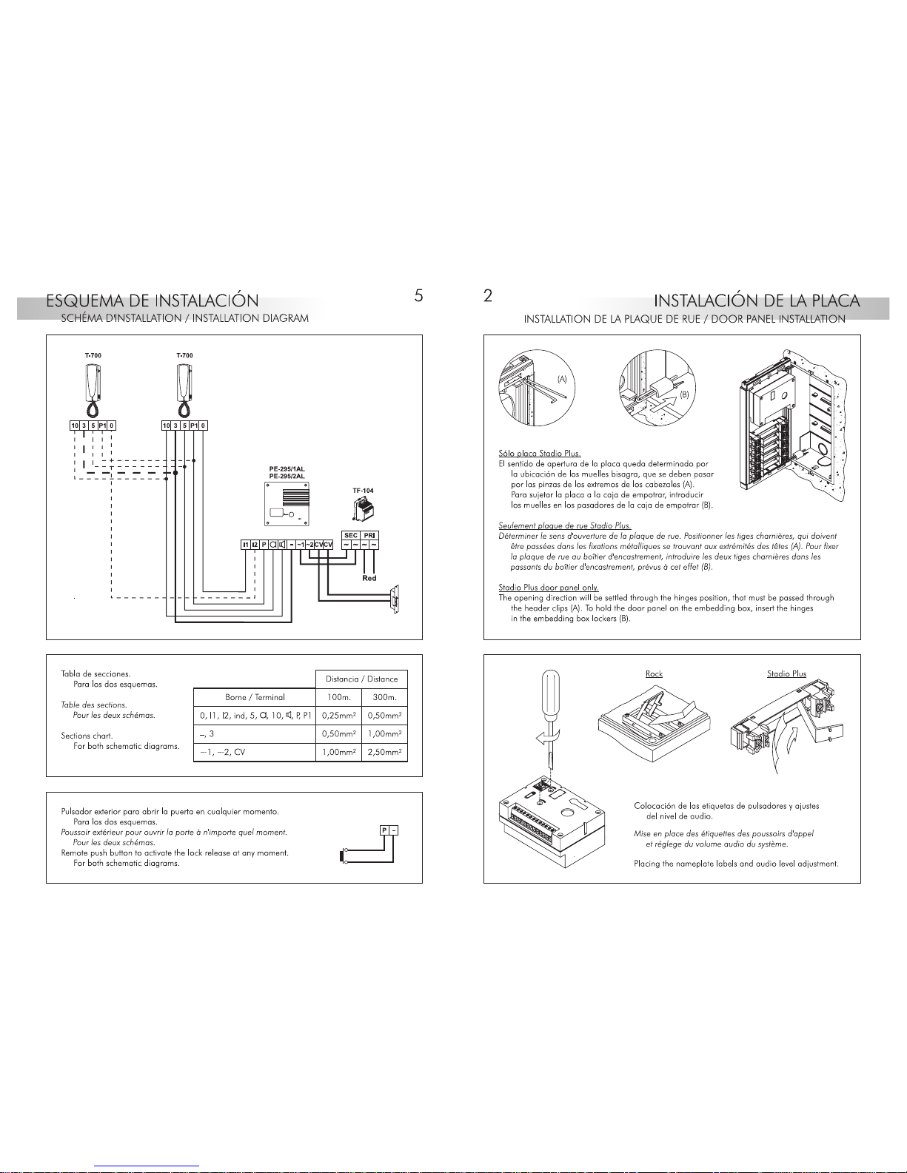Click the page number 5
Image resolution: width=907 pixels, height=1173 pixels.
tap(418, 295)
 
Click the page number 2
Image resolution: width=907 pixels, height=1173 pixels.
tap(487, 295)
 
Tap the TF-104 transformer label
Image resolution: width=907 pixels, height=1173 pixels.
tap(363, 491)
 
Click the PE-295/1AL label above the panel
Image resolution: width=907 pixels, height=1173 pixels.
tap(287, 469)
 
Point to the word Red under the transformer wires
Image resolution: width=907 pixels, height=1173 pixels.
tap(369, 578)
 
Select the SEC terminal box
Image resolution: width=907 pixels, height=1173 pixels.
tap(351, 535)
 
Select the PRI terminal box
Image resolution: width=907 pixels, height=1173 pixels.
tap(370, 535)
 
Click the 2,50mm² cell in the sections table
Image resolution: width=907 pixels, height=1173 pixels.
tap(384, 752)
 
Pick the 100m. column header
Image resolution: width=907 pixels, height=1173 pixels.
tap(339, 697)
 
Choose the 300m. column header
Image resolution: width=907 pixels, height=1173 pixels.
tap(384, 697)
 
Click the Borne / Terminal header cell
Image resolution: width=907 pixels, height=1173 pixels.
tap(255, 697)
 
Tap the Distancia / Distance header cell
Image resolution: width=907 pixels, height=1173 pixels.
tap(362, 679)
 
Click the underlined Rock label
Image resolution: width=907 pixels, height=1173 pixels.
tap(654, 673)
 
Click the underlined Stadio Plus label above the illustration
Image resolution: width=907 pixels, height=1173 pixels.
tap(786, 673)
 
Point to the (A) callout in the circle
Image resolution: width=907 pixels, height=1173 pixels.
tap(562, 378)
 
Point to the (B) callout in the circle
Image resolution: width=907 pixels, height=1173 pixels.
tap(685, 394)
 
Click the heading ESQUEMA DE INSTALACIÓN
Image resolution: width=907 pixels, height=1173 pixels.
tap(153, 301)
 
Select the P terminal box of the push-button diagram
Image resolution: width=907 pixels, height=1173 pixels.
tap(384, 830)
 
